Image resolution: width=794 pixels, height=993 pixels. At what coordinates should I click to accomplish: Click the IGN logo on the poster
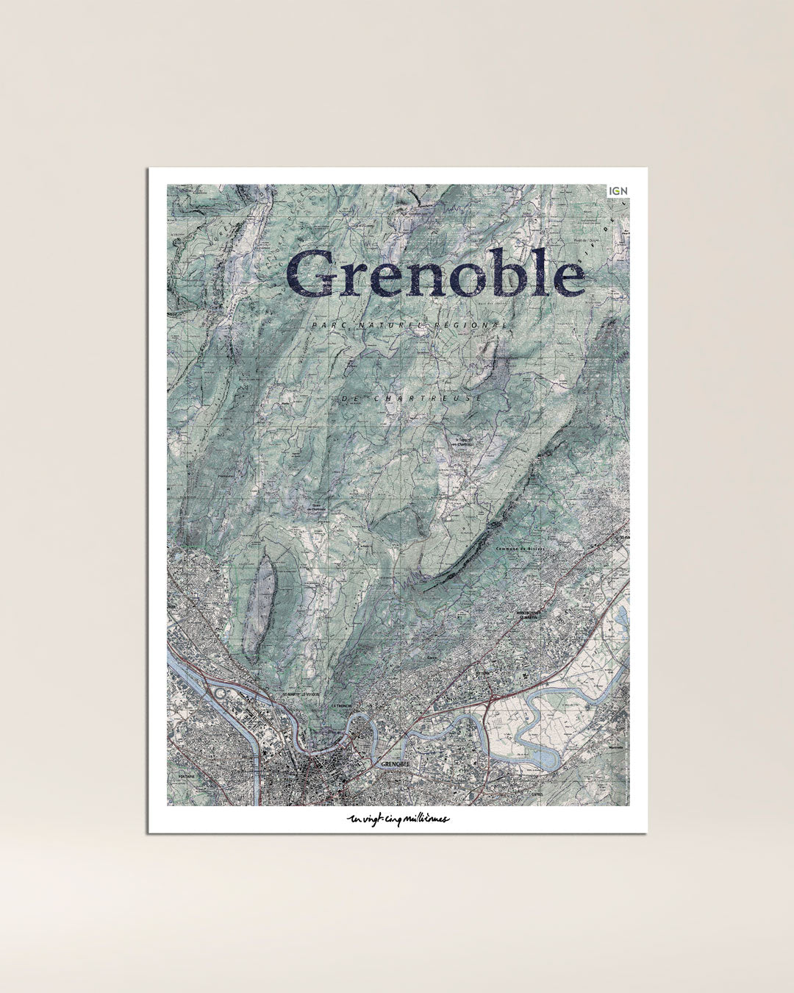point(618,191)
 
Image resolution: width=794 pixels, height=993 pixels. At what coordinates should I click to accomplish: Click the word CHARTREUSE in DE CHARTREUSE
point(428,398)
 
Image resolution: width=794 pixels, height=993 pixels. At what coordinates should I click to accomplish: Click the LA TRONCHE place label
point(343,705)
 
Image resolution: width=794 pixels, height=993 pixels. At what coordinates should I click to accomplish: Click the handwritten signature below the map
point(398,819)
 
